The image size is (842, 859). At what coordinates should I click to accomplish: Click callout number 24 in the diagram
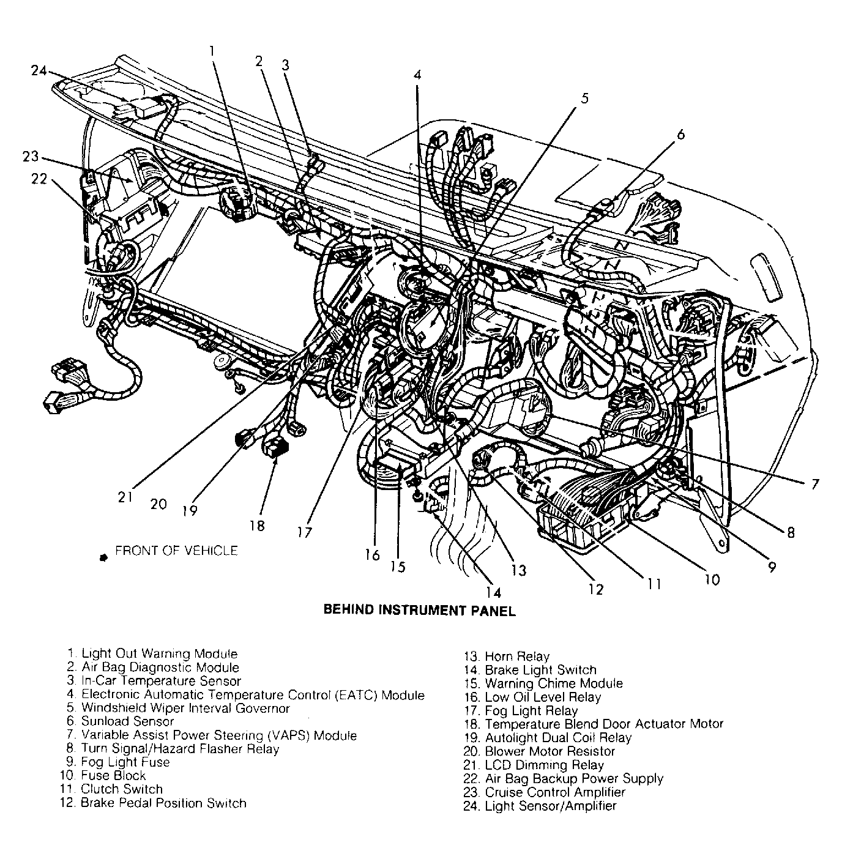[39, 70]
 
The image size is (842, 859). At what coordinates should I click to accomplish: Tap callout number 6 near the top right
[681, 134]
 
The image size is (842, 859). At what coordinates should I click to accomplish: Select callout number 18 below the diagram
[257, 526]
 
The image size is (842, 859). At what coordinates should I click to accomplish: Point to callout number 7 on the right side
[814, 485]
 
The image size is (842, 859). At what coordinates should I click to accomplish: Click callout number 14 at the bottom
[493, 592]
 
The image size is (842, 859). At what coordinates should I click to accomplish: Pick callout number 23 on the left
[31, 157]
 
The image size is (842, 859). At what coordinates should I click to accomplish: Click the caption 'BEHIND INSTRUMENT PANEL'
[419, 610]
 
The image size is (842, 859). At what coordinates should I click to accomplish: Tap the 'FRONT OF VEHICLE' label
[176, 551]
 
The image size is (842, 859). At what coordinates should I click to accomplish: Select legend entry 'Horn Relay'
[516, 656]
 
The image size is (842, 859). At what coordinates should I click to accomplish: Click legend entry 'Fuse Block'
[113, 776]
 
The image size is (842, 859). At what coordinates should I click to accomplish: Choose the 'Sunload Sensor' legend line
[127, 721]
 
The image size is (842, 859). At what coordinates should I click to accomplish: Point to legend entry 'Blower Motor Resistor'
[550, 751]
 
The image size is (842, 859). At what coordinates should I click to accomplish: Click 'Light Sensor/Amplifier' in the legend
[550, 806]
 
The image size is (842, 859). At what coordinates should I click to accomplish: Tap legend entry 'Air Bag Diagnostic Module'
[160, 667]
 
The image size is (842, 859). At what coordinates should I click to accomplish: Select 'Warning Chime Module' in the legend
[553, 683]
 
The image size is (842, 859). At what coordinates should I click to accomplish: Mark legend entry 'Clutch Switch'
[122, 789]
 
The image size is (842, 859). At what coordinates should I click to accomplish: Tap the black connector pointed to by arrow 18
[274, 447]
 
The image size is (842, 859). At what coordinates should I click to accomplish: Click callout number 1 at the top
[212, 51]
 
